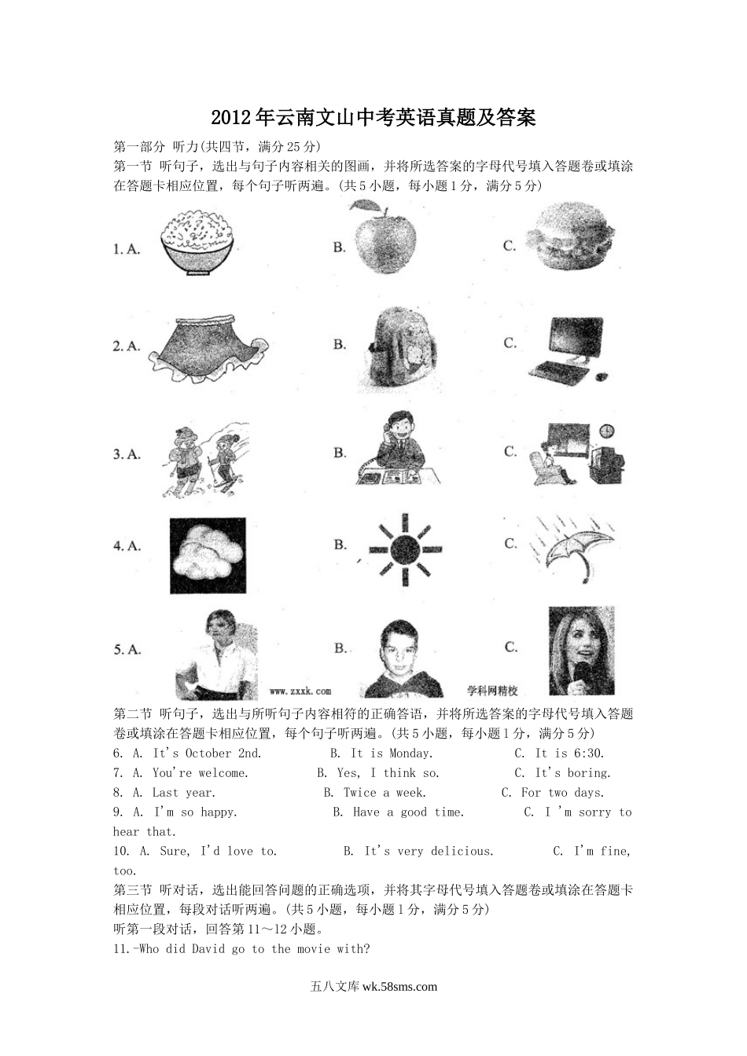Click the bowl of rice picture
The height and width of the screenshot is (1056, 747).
click(x=197, y=242)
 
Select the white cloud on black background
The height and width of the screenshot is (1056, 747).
click(x=208, y=555)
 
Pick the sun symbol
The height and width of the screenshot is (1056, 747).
click(x=405, y=549)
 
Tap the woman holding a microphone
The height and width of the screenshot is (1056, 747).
click(x=582, y=651)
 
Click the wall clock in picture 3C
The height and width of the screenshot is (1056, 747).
click(x=607, y=431)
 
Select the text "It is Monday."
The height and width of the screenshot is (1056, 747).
click(x=392, y=753)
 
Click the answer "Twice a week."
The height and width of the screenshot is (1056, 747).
click(x=385, y=793)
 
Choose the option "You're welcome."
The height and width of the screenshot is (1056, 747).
click(x=200, y=772)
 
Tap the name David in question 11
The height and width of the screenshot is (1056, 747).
click(x=208, y=948)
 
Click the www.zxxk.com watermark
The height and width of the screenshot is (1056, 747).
click(x=300, y=691)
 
